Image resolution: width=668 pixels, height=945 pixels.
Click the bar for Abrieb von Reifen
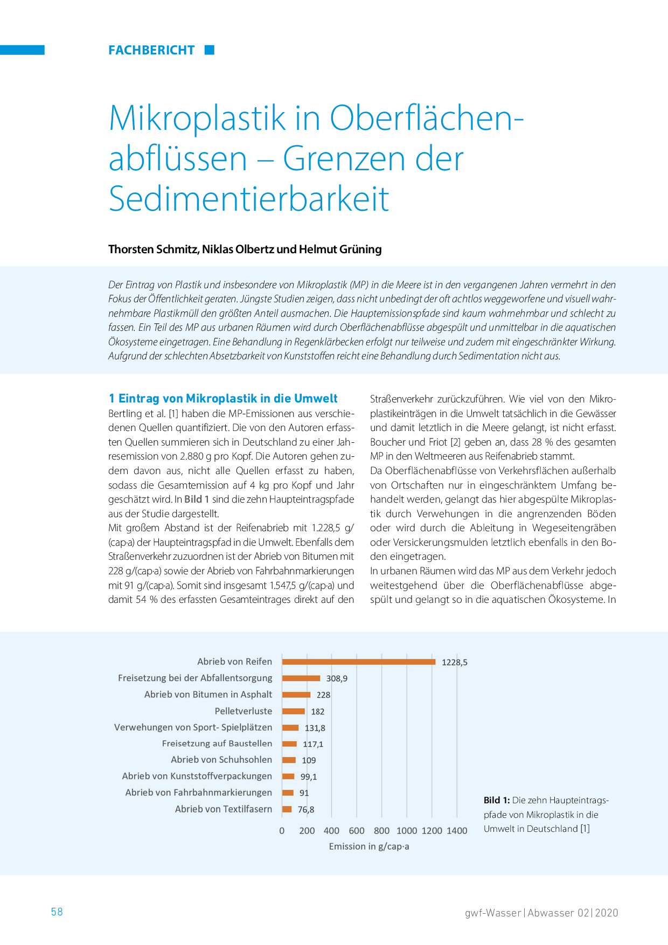pyautogui.click(x=359, y=662)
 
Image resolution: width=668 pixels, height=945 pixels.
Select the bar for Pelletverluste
pyautogui.click(x=294, y=711)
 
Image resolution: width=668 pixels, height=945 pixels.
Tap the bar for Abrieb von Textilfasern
pyautogui.click(x=287, y=809)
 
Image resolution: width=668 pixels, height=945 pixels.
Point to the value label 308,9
pyautogui.click(x=337, y=678)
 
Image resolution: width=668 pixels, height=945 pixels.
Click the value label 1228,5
pyautogui.click(x=455, y=662)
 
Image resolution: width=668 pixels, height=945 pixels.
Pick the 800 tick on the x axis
pyautogui.click(x=381, y=831)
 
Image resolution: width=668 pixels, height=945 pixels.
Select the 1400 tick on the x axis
pyautogui.click(x=457, y=831)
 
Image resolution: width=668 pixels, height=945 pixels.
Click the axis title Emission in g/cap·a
pyautogui.click(x=369, y=846)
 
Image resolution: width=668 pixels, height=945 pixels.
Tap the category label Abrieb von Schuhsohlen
pyautogui.click(x=221, y=760)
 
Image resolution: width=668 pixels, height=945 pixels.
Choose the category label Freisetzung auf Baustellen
pyautogui.click(x=217, y=744)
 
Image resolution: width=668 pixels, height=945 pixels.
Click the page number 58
pyautogui.click(x=57, y=912)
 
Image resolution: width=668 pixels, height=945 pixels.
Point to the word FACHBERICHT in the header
pyautogui.click(x=151, y=50)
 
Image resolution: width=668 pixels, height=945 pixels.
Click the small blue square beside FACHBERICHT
pyautogui.click(x=210, y=50)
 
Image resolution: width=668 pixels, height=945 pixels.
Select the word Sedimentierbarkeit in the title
pyautogui.click(x=249, y=199)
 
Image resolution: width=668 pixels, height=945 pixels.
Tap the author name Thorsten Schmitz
pyautogui.click(x=154, y=249)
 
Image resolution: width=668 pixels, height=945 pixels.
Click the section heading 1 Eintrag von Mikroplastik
pyautogui.click(x=223, y=398)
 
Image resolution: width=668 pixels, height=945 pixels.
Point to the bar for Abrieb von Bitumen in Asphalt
pyautogui.click(x=296, y=694)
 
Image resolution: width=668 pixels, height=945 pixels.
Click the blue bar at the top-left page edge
pyautogui.click(x=22, y=50)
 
